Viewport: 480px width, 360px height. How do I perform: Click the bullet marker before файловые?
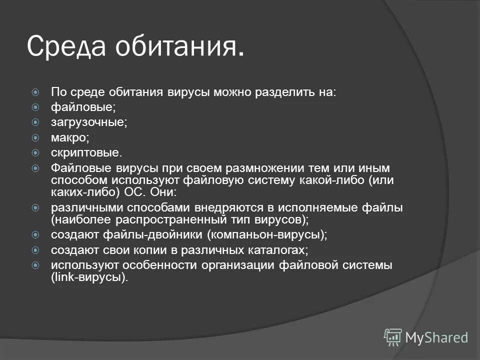(35, 107)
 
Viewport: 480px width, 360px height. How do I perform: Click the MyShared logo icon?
(392, 337)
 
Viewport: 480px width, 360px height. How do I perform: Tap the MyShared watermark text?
(436, 337)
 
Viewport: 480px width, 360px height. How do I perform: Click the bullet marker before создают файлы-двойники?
(35, 234)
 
